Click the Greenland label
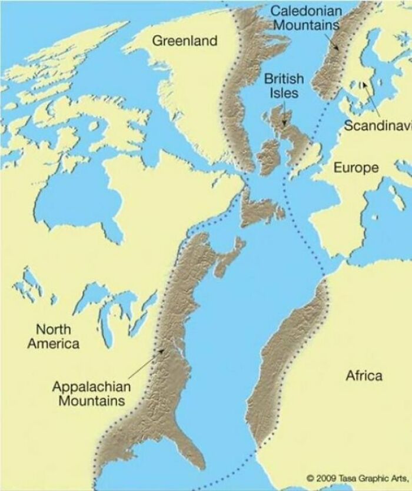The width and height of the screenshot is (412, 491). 185,41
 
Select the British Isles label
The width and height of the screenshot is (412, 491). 284,86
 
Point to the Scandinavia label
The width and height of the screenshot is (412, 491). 377,125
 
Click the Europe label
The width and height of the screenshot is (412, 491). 356,168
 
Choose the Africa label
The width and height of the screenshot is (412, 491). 363,375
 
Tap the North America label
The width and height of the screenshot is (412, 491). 53,336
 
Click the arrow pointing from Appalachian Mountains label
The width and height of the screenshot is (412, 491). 145,366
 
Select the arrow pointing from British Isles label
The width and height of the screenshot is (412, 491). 284,113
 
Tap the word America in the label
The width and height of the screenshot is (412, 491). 53,343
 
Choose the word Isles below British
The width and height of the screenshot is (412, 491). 284,93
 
